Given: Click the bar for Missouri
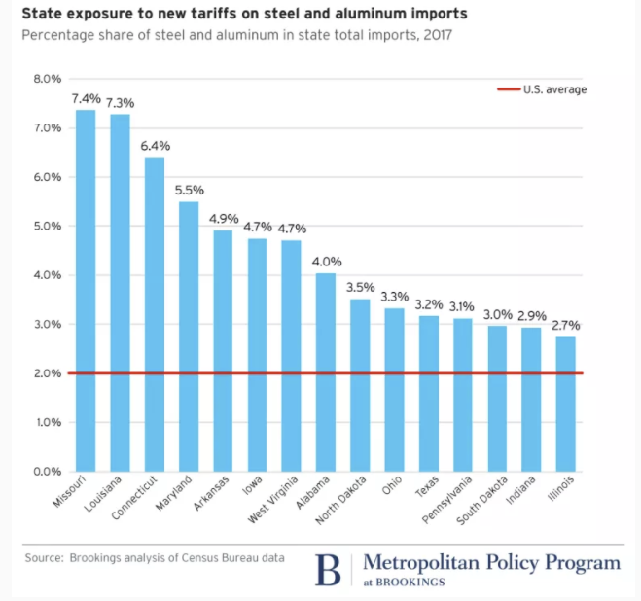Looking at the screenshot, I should pos(86,292).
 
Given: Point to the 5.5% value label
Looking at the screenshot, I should pos(189,191).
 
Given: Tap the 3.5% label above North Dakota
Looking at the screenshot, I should pos(360,288).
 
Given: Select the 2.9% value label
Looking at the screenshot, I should pos(531,317).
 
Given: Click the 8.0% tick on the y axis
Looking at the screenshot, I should pos(48,79).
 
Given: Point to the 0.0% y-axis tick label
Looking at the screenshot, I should pos(48,472).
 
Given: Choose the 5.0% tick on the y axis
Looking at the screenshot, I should pos(48,226).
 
